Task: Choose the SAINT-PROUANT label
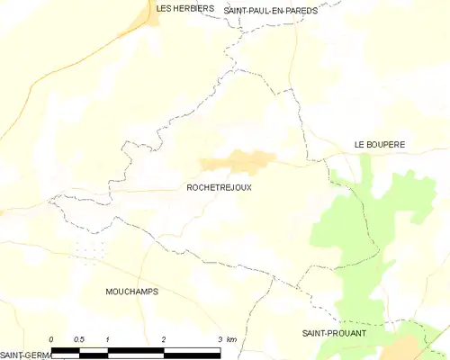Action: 334,333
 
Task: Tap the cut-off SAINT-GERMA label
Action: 25,355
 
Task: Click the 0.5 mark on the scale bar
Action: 79,339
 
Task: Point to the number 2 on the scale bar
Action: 164,339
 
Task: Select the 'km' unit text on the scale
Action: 231,339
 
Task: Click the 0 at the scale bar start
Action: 51,339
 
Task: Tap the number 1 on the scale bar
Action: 108,339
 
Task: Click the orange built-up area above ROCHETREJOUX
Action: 238,162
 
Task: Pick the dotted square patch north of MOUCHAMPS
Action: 90,249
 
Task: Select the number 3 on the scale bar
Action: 220,339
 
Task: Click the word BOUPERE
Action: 387,144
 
